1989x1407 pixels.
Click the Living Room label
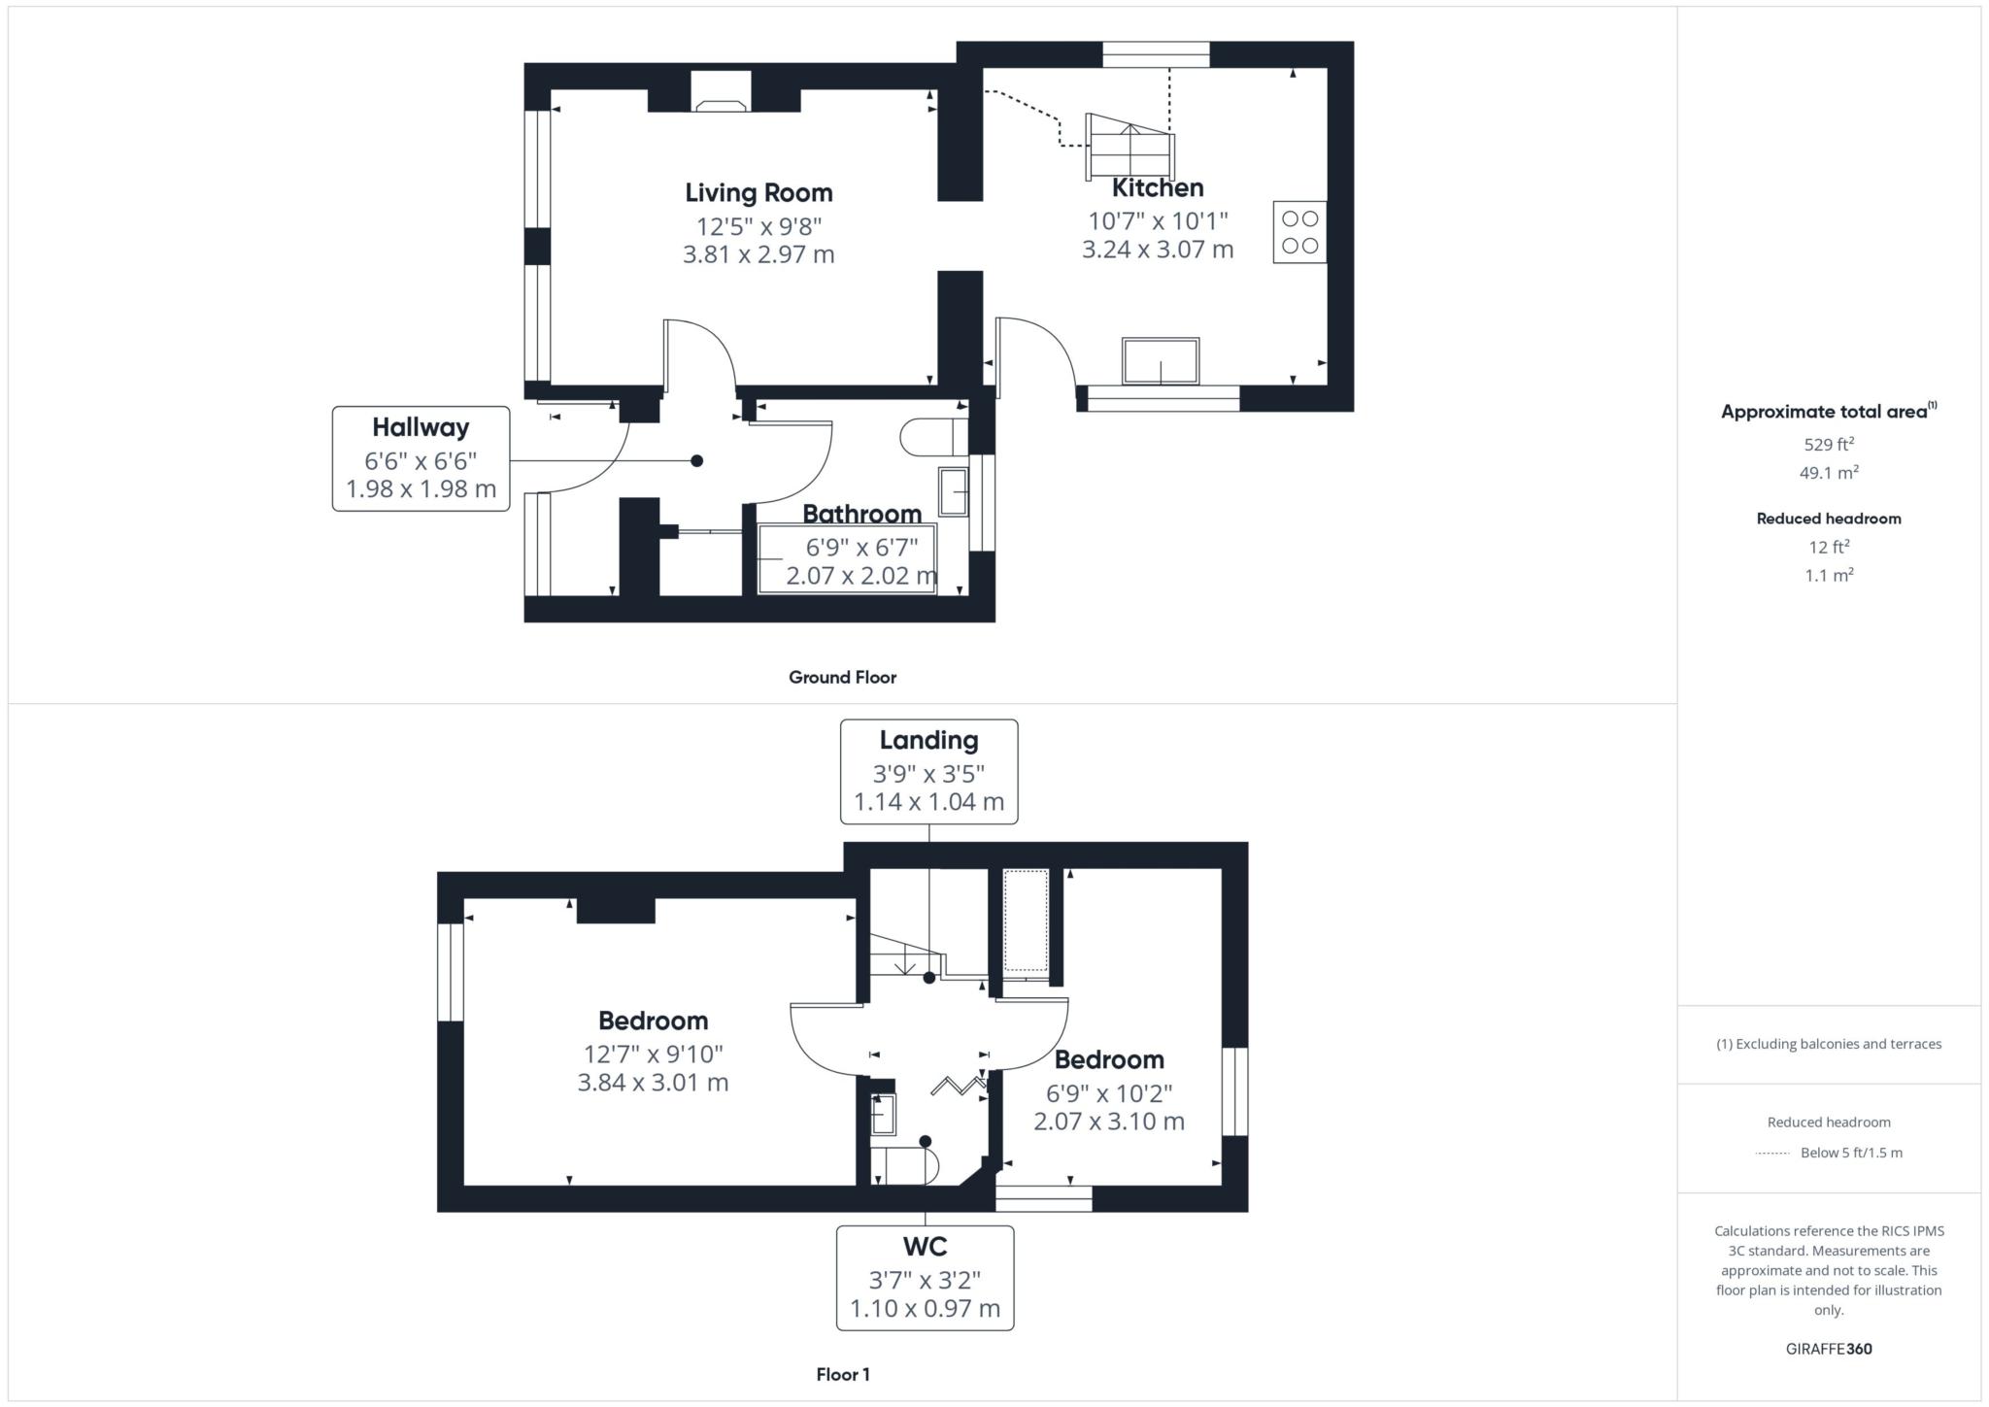click(759, 192)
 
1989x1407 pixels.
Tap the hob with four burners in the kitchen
click(1298, 232)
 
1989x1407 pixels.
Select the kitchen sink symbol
click(1160, 361)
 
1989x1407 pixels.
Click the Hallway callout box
click(421, 458)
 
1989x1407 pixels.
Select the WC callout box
click(925, 1278)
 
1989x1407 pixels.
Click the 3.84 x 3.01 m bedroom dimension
click(653, 1083)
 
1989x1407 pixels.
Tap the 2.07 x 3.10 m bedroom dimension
click(1108, 1122)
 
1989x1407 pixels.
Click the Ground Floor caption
click(842, 678)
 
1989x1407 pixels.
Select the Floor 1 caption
click(842, 1374)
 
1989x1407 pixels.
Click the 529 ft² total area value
click(1828, 445)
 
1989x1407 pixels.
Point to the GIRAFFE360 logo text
click(1828, 1349)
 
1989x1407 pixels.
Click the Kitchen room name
click(1157, 188)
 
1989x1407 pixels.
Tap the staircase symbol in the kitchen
click(1129, 147)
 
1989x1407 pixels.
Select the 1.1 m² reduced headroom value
click(1828, 576)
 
